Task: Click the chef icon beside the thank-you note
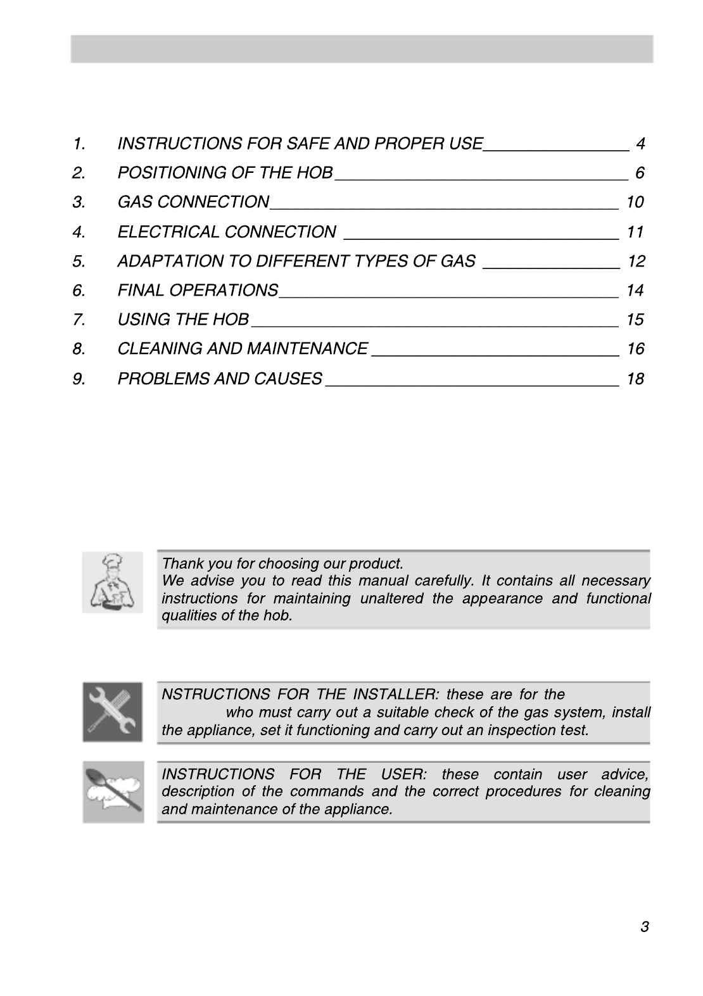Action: tap(112, 581)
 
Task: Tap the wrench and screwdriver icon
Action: tap(113, 712)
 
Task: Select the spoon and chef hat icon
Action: tap(113, 792)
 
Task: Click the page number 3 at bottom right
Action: tap(644, 927)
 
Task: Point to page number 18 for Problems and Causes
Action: tap(635, 379)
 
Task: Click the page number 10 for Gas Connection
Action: tap(635, 202)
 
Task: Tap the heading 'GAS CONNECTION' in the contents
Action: tap(193, 202)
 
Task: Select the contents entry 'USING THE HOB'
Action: tap(183, 319)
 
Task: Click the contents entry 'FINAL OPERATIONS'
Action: tap(198, 290)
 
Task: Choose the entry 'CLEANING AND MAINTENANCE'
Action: tap(243, 349)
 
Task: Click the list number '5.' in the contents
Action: tap(79, 261)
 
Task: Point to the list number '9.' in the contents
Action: tap(79, 379)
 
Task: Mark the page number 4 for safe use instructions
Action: tap(640, 144)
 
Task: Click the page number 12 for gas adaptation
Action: tap(636, 261)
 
